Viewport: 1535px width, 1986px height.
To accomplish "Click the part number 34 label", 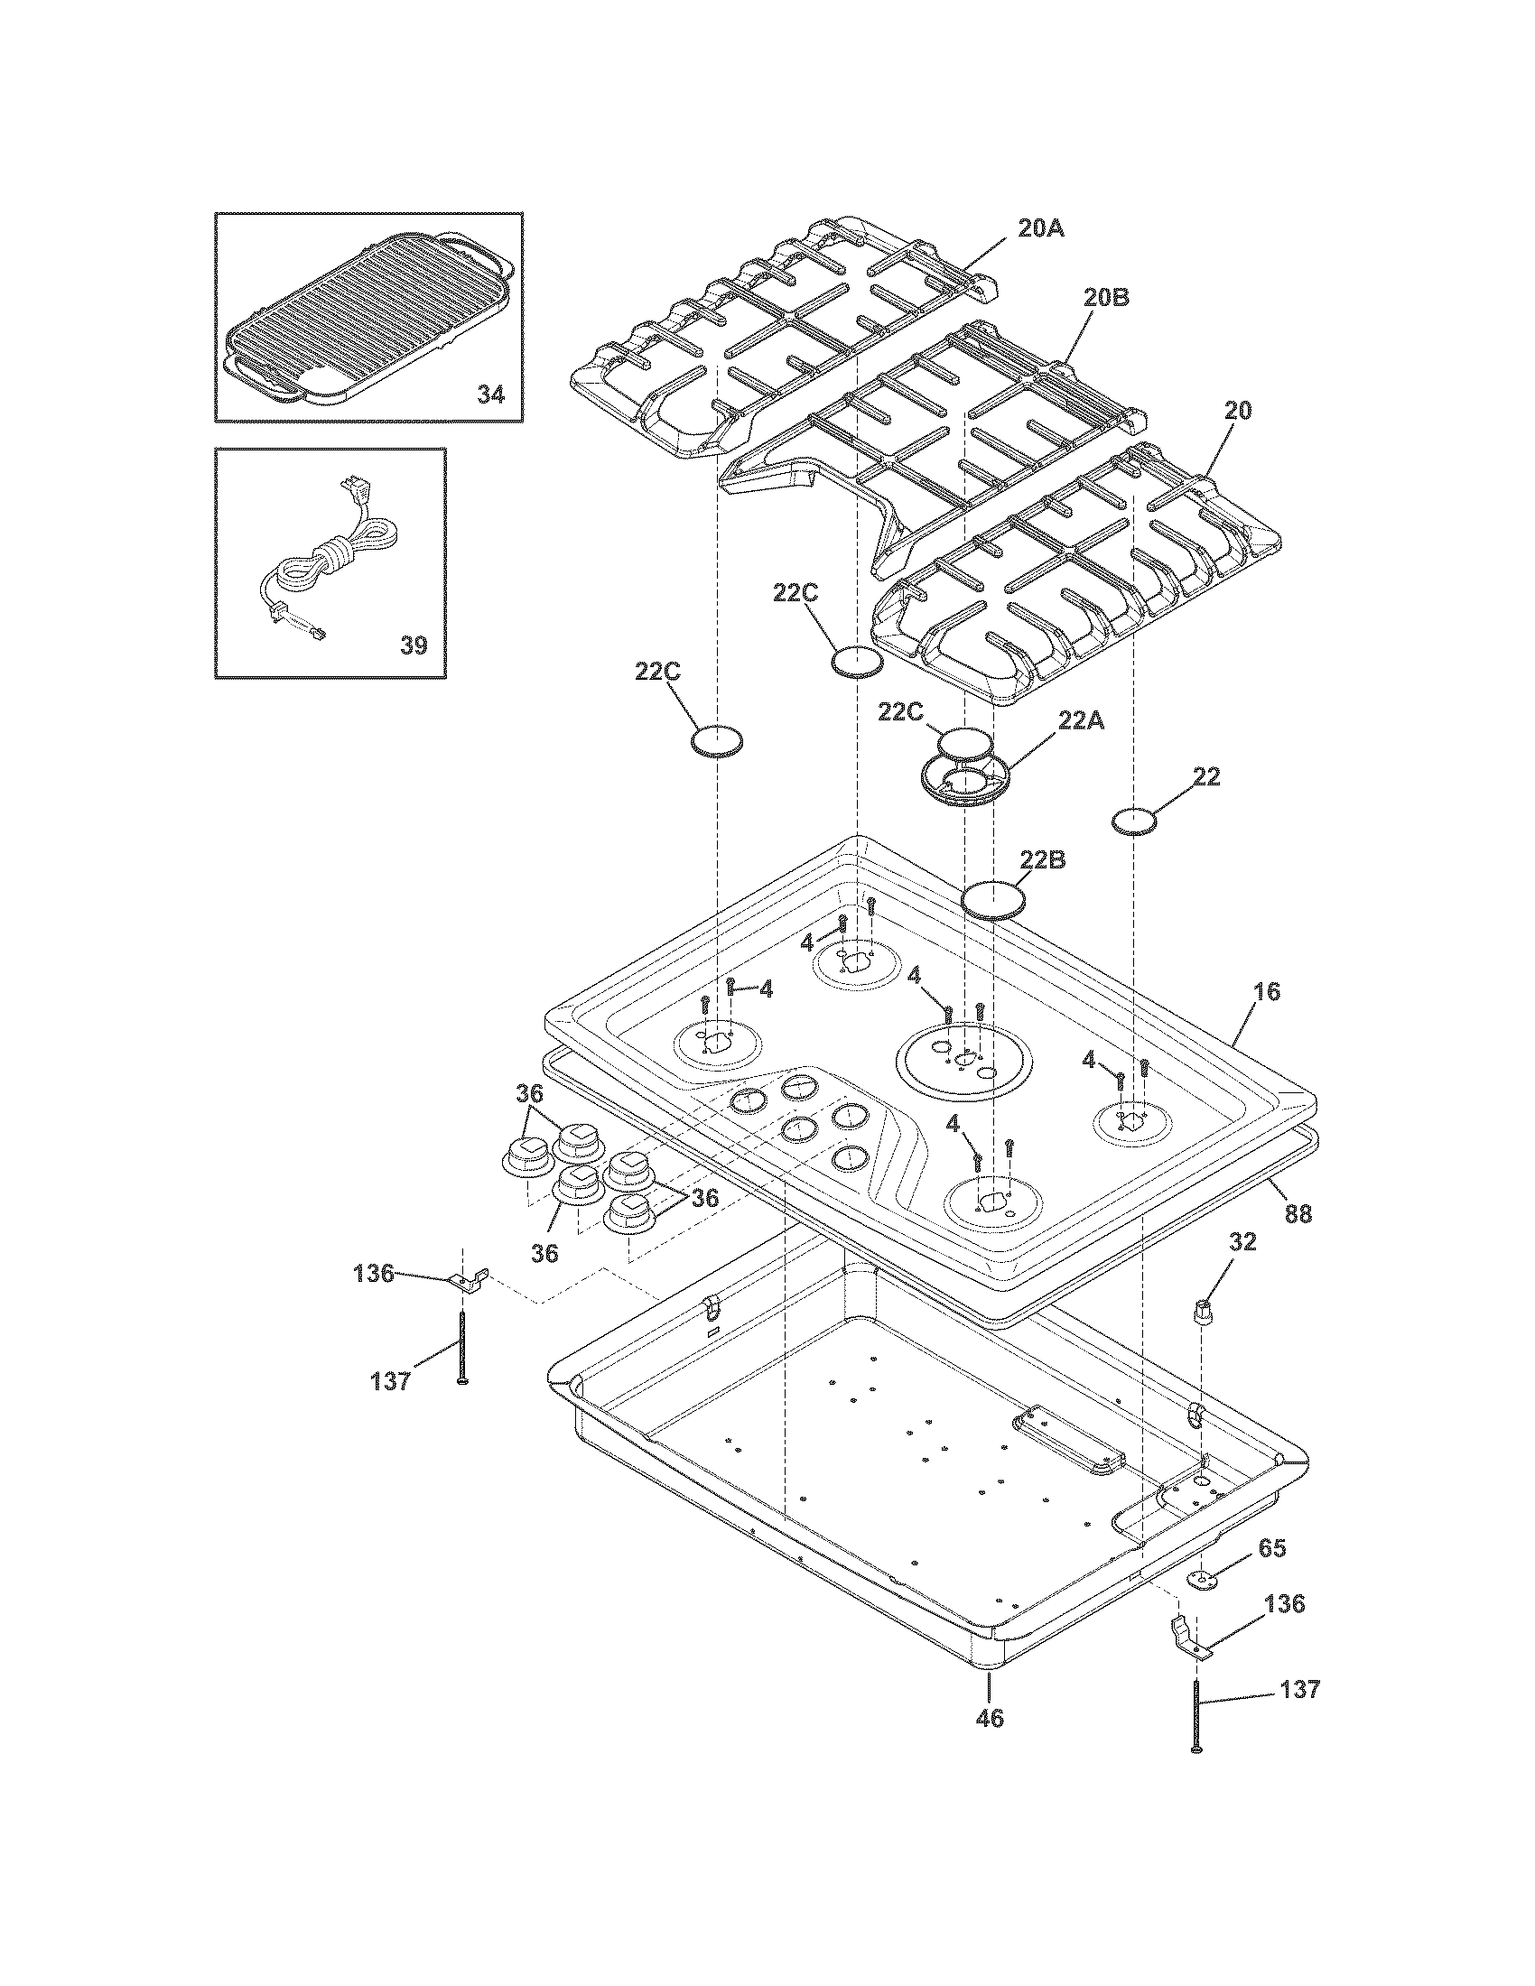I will coord(490,394).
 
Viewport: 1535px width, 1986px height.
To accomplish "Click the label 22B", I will coord(1043,859).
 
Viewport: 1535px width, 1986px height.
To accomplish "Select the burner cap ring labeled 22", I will coord(1135,821).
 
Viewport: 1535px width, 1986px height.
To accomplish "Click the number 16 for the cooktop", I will coord(1266,991).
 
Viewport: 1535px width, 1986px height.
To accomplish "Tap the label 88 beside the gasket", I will coord(1298,1213).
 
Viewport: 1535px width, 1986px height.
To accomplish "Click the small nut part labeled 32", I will coord(1205,1315).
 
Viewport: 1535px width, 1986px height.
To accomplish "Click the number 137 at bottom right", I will coord(1299,1689).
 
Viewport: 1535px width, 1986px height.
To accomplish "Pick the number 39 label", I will coord(414,645).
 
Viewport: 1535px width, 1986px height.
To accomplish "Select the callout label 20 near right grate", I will coord(1237,410).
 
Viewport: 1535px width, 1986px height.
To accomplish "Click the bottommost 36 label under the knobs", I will coord(544,1253).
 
